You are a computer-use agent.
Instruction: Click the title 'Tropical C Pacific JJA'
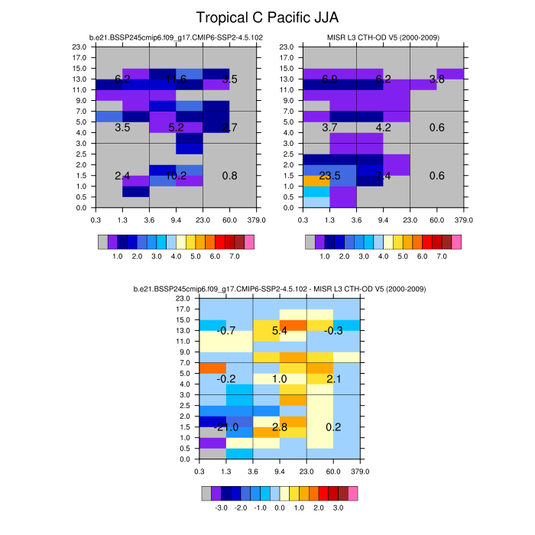click(267, 17)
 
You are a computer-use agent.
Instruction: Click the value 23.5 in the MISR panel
click(329, 176)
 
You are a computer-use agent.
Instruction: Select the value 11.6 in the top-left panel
click(176, 79)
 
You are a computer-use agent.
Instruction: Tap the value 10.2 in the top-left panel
click(176, 176)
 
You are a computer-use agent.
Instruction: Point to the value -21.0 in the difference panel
click(226, 426)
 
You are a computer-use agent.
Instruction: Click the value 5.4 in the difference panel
click(280, 331)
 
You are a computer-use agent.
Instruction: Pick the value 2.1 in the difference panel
click(333, 379)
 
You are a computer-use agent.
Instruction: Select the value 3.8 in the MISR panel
click(436, 79)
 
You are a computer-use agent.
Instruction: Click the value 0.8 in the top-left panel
click(229, 176)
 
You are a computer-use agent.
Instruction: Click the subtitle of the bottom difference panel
click(280, 289)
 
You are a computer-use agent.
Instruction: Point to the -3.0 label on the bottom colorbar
click(221, 506)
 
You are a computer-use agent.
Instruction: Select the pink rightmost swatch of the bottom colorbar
click(353, 492)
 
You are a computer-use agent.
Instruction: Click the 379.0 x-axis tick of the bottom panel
click(360, 468)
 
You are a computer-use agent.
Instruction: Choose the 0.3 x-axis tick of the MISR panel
click(303, 219)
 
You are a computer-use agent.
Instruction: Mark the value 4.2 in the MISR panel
click(383, 128)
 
